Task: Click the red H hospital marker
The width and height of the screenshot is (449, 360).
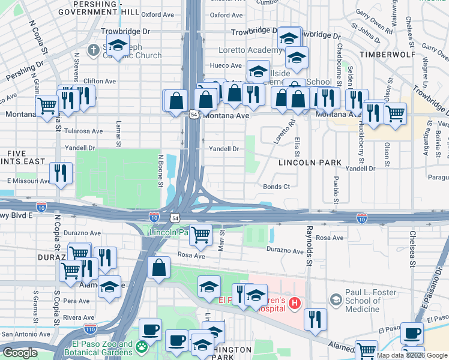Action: (294, 303)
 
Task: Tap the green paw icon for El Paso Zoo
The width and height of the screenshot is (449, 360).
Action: (142, 347)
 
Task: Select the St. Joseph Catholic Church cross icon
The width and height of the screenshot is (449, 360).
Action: (94, 50)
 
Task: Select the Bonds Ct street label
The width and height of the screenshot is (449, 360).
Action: (276, 187)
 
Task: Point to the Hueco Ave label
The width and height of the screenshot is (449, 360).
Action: (226, 65)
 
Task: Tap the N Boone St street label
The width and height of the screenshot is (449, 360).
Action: (160, 172)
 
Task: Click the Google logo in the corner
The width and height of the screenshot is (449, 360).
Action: (20, 353)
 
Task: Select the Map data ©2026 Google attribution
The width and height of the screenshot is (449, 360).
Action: (411, 355)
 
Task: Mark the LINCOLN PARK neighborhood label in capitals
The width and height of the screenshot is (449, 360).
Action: (310, 163)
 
